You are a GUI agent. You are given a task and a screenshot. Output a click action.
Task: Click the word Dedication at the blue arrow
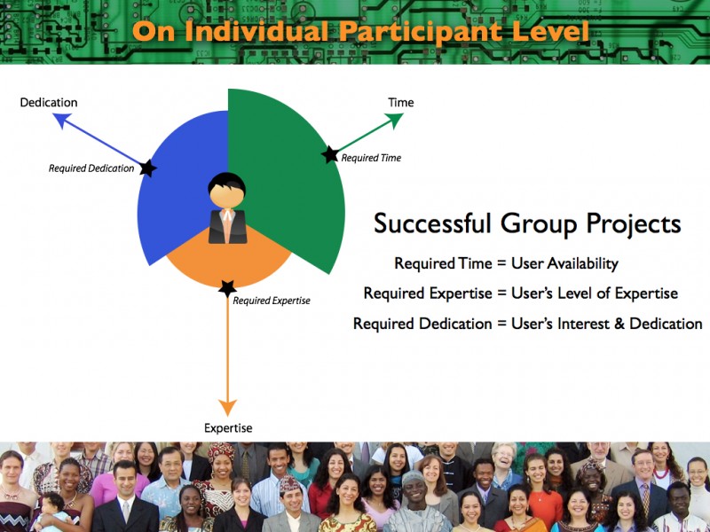[49, 102]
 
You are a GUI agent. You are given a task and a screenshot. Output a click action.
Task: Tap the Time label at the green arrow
[401, 102]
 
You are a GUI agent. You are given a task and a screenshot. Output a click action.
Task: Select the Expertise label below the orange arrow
[228, 428]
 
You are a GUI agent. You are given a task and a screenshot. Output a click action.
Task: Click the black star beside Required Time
[330, 154]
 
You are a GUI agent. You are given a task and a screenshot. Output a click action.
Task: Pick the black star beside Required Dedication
[148, 168]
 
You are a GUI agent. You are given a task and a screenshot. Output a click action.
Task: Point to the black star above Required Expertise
[227, 288]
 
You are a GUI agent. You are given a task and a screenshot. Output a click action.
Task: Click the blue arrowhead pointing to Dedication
[61, 119]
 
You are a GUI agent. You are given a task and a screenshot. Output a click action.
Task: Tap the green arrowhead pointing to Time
[394, 120]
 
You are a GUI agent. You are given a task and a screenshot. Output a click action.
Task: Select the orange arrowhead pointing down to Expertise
[227, 407]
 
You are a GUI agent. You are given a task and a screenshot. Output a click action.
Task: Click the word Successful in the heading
[432, 224]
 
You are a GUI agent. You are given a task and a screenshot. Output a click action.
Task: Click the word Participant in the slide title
[421, 32]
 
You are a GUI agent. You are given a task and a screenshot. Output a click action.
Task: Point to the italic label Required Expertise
[272, 301]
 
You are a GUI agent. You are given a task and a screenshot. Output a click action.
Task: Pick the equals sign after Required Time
[501, 263]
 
